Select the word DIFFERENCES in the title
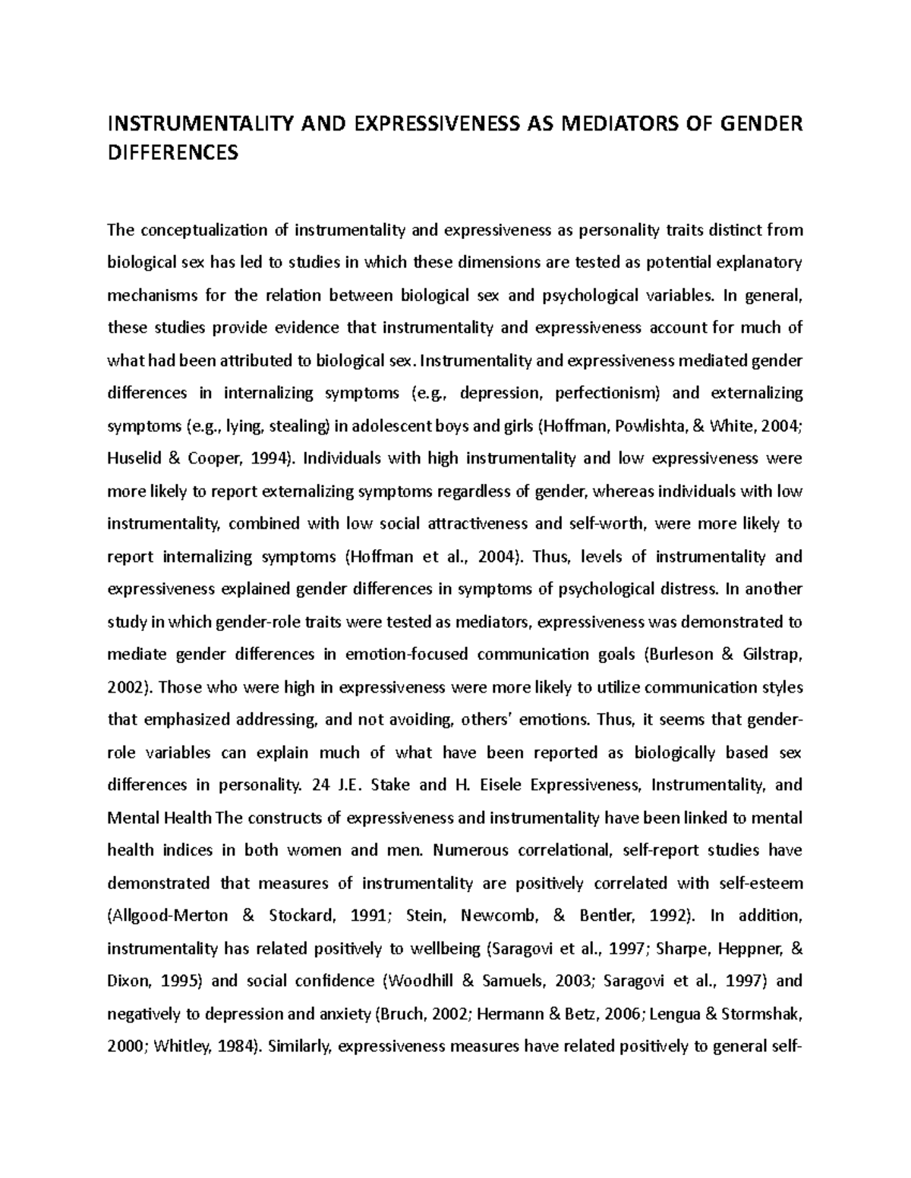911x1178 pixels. tap(172, 154)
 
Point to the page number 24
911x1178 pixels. tap(320, 785)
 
